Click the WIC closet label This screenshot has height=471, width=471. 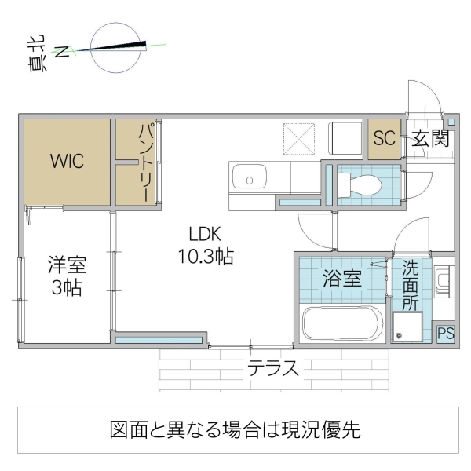pos(68,162)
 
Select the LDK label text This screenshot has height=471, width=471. pos(206,233)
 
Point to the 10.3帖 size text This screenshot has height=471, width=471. pos(206,256)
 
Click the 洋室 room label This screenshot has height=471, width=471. pos(65,265)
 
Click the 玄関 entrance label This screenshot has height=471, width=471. pos(431,139)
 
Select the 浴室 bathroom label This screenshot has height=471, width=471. pos(342,277)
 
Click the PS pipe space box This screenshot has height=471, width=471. pos(445,333)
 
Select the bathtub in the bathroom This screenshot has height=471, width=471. pos(342,324)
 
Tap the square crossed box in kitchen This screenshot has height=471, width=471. pos(300,138)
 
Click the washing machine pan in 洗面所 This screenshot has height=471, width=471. pos(407,327)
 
